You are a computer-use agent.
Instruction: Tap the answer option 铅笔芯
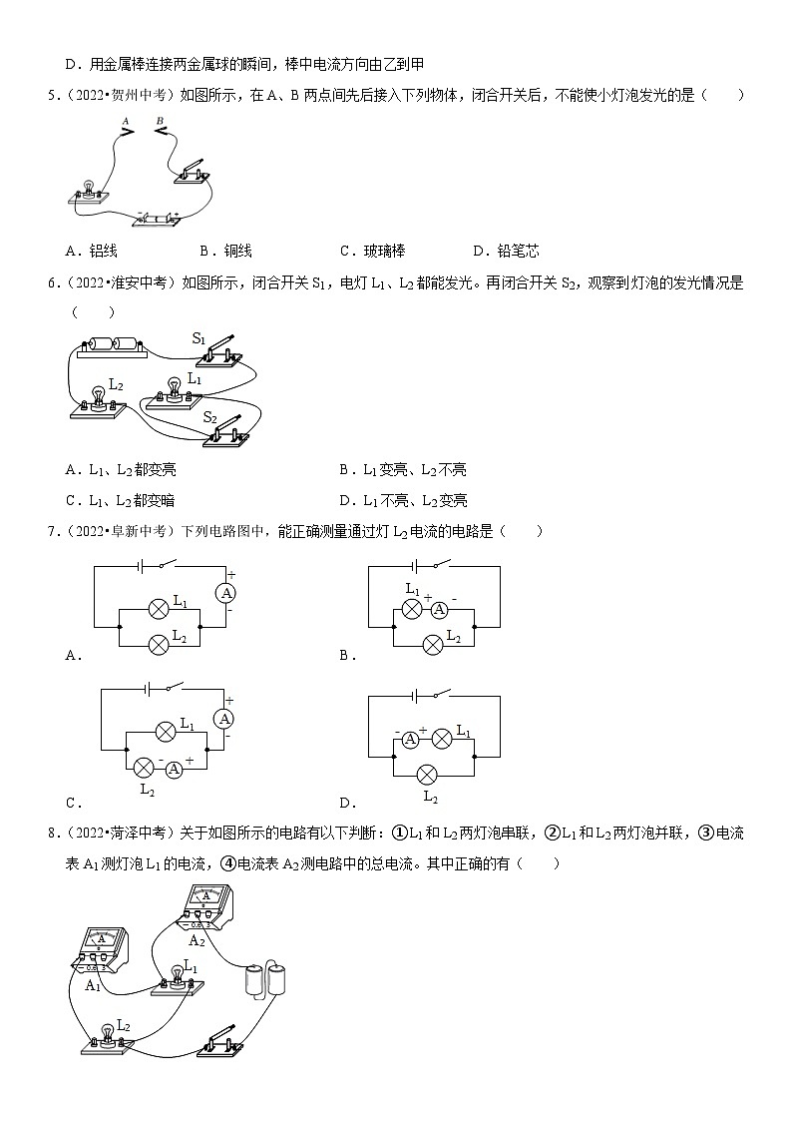519,251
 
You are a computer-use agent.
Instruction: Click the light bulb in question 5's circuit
88,187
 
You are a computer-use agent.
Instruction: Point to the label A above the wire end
126,119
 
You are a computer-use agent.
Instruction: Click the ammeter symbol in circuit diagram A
226,593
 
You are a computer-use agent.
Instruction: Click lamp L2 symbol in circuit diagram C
144,768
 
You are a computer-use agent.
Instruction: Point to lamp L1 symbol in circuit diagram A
157,607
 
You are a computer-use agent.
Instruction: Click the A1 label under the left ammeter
92,985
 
